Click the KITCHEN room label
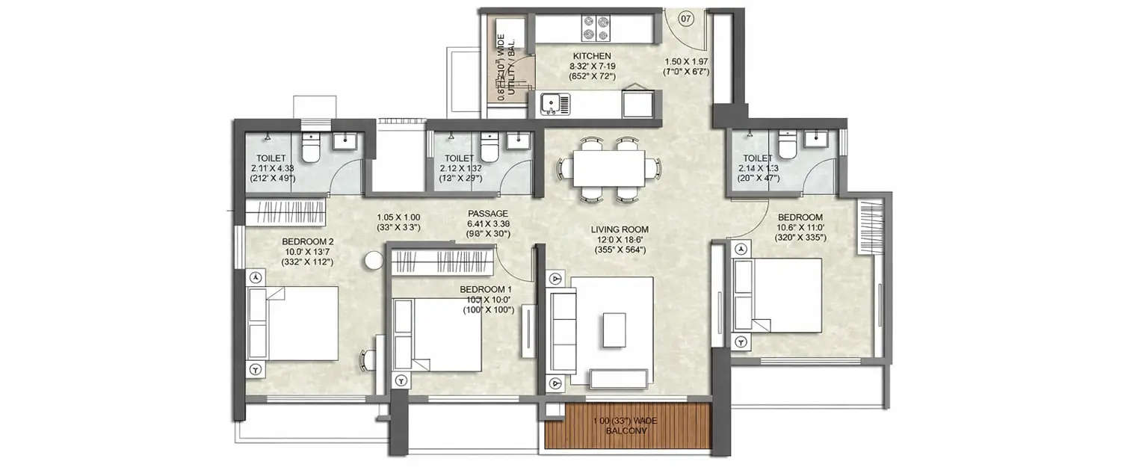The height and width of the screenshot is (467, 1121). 592,56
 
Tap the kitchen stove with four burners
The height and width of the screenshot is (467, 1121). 594,28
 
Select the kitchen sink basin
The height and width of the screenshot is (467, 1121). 549,103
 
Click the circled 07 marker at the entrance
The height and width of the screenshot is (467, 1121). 687,16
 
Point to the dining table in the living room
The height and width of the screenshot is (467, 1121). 608,168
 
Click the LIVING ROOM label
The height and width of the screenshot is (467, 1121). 617,229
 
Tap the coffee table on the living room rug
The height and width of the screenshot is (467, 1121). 614,330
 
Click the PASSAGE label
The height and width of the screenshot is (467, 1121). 489,214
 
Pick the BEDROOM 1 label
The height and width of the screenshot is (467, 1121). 486,289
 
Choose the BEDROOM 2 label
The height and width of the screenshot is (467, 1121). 307,241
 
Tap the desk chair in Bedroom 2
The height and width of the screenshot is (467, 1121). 367,360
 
